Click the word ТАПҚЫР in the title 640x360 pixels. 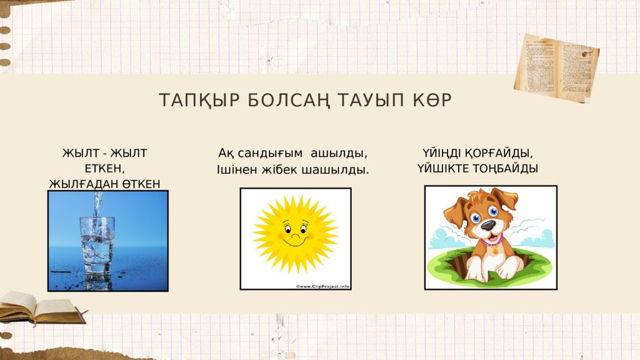[199, 101]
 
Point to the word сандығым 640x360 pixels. [270, 154]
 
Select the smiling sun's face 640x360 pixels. [296, 234]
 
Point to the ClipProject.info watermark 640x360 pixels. [322, 286]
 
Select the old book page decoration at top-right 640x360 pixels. [557, 67]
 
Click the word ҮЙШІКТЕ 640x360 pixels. [443, 169]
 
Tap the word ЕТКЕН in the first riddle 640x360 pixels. [104, 169]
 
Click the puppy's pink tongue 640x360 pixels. [495, 238]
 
